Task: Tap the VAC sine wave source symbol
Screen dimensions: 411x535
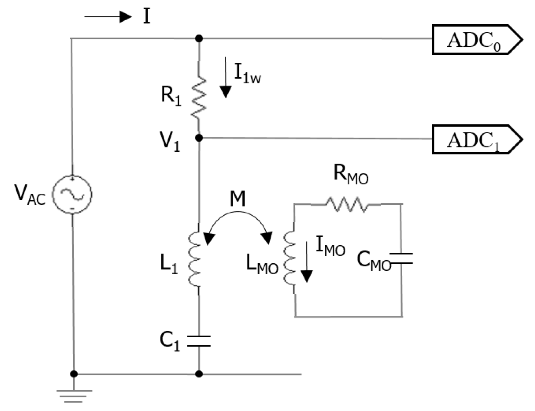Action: click(72, 195)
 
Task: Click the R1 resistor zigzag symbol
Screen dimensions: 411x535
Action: click(199, 96)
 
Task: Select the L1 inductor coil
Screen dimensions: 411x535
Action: click(195, 259)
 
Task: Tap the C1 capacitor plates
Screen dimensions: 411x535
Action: click(199, 341)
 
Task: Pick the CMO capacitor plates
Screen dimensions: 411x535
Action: click(401, 259)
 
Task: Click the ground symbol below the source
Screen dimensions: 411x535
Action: click(74, 395)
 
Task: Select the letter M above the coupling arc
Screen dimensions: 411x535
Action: click(237, 199)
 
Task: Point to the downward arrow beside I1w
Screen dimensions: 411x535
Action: click(226, 77)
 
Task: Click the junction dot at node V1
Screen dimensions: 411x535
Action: click(199, 138)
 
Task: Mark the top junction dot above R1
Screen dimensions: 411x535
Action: click(199, 38)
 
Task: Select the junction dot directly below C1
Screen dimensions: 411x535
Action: click(199, 374)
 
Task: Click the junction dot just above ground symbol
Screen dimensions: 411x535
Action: click(74, 374)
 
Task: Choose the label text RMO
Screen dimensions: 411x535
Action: click(351, 175)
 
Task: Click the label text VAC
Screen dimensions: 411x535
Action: click(30, 194)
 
